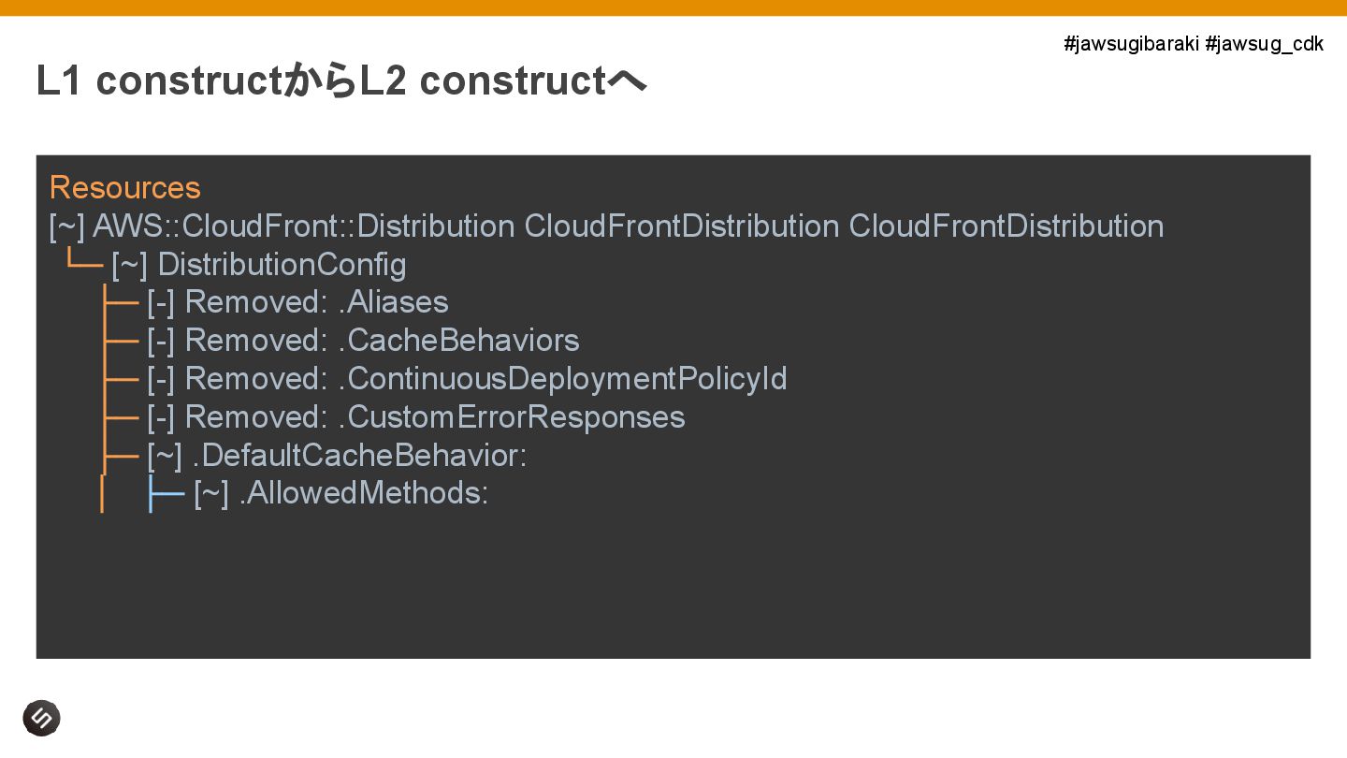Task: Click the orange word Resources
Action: point(124,188)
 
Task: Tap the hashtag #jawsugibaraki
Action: point(1131,44)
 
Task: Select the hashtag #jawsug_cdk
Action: point(1264,44)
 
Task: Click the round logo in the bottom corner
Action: point(41,718)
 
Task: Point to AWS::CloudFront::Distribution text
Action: point(303,226)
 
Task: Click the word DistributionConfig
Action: point(282,265)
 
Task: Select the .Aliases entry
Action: point(393,302)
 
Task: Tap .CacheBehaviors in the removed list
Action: point(458,341)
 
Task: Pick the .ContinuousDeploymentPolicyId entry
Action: point(562,379)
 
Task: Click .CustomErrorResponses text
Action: point(512,417)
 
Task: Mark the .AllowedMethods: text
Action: point(364,493)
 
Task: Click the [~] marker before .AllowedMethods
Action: point(210,493)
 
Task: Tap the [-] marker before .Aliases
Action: point(161,302)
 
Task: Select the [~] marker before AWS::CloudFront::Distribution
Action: point(66,226)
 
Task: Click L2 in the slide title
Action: point(383,81)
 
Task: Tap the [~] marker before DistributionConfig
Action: point(129,265)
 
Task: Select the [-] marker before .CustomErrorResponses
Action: point(161,417)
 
